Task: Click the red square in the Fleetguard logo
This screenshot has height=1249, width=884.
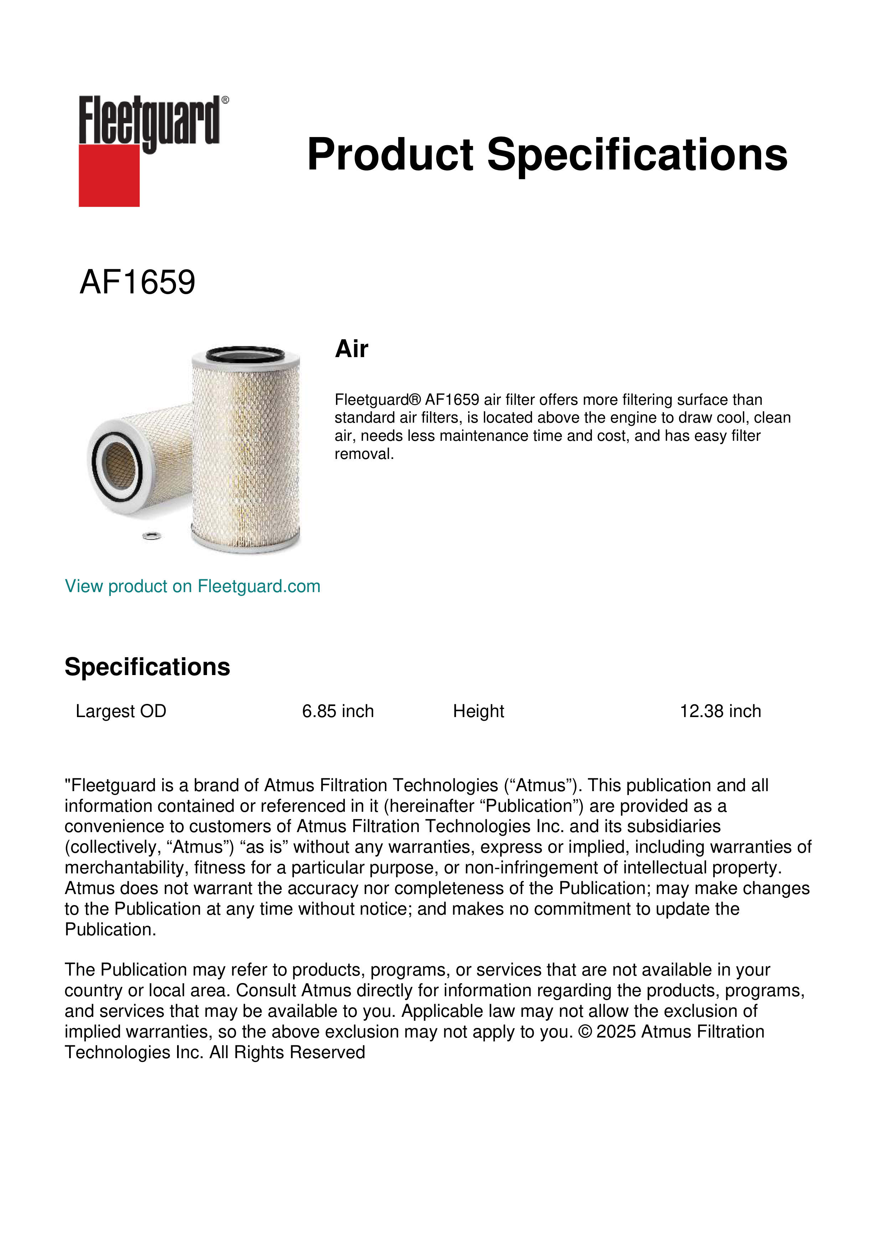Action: click(x=109, y=175)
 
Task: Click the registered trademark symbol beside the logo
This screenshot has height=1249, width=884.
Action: click(x=225, y=100)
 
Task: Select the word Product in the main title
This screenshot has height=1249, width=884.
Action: click(x=390, y=155)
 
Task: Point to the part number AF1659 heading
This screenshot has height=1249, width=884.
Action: click(x=137, y=282)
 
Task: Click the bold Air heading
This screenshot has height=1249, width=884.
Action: click(x=352, y=349)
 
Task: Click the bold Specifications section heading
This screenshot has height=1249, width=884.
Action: click(x=147, y=667)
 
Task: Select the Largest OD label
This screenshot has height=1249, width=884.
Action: click(x=121, y=711)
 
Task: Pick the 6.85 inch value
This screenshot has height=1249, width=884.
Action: click(x=338, y=711)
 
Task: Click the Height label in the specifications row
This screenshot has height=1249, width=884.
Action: click(x=479, y=711)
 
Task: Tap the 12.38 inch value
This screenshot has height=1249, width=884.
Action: click(x=720, y=711)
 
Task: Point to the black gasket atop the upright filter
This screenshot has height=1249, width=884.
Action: click(x=245, y=353)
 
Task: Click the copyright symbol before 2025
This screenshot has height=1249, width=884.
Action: click(x=585, y=1032)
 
